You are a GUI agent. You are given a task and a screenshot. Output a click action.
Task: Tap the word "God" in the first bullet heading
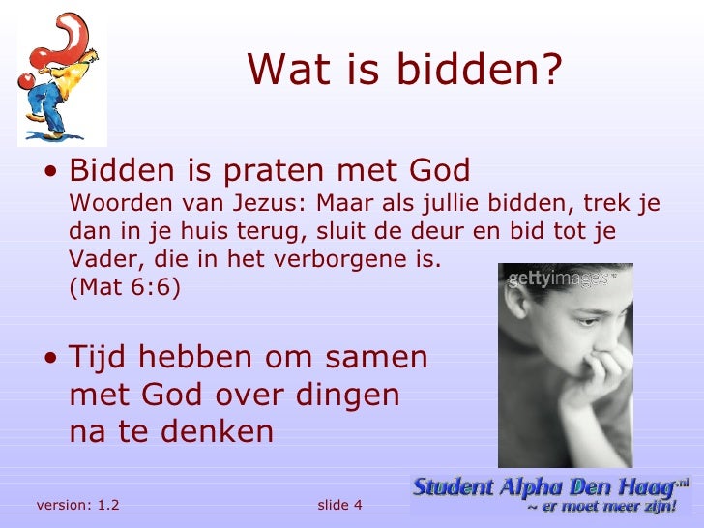pyautogui.click(x=440, y=171)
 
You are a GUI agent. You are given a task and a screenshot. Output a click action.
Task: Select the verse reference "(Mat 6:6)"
pyautogui.click(x=125, y=287)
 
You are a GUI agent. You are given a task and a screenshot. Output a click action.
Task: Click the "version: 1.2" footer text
pyautogui.click(x=77, y=506)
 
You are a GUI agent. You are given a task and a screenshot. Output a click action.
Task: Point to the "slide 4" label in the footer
pyautogui.click(x=339, y=506)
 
